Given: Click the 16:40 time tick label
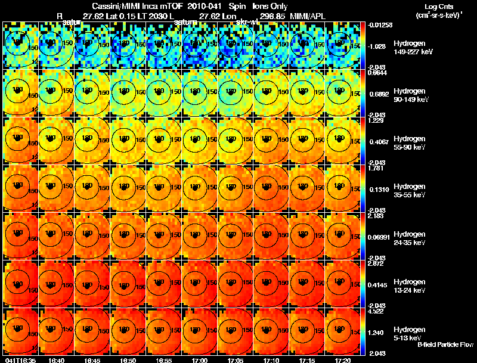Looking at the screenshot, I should point(57,360).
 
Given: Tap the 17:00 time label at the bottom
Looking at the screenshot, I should point(199,360).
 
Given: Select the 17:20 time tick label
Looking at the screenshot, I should point(342,360).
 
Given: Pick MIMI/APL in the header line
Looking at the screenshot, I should point(308,15).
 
